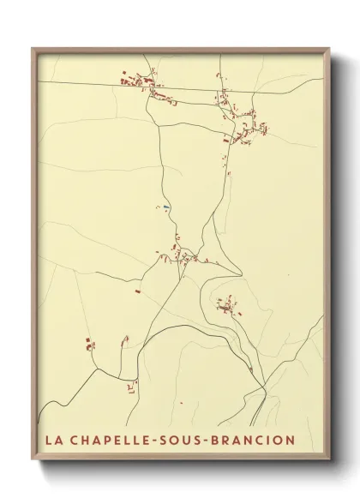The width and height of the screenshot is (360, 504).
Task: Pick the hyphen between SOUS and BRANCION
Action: pos(219,441)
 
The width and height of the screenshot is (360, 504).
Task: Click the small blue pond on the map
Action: pos(166,207)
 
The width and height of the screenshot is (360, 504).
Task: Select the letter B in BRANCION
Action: pos(231,441)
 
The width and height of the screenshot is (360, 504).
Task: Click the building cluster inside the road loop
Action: pos(228,306)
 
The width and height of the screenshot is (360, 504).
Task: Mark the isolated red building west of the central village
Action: pos(137,291)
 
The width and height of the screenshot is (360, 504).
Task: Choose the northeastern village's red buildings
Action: pos(249,129)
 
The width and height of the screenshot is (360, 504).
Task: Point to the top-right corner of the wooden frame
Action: pos(330,49)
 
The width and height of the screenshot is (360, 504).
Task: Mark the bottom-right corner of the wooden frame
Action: pos(330,462)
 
